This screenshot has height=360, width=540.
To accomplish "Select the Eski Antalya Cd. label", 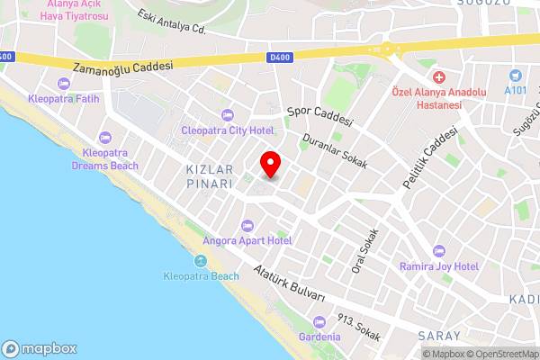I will click(x=174, y=22).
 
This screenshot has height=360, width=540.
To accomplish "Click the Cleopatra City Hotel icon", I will click(x=227, y=114).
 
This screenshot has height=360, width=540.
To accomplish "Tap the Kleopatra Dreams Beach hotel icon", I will click(x=105, y=138).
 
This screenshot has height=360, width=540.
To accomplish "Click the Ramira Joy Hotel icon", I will click(x=439, y=250).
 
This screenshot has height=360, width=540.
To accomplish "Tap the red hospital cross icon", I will click(x=438, y=79).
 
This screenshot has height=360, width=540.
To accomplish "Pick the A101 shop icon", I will click(x=515, y=76).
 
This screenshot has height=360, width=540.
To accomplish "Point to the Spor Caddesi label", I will click(x=319, y=116).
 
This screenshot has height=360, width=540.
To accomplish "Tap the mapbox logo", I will click(x=40, y=348).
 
